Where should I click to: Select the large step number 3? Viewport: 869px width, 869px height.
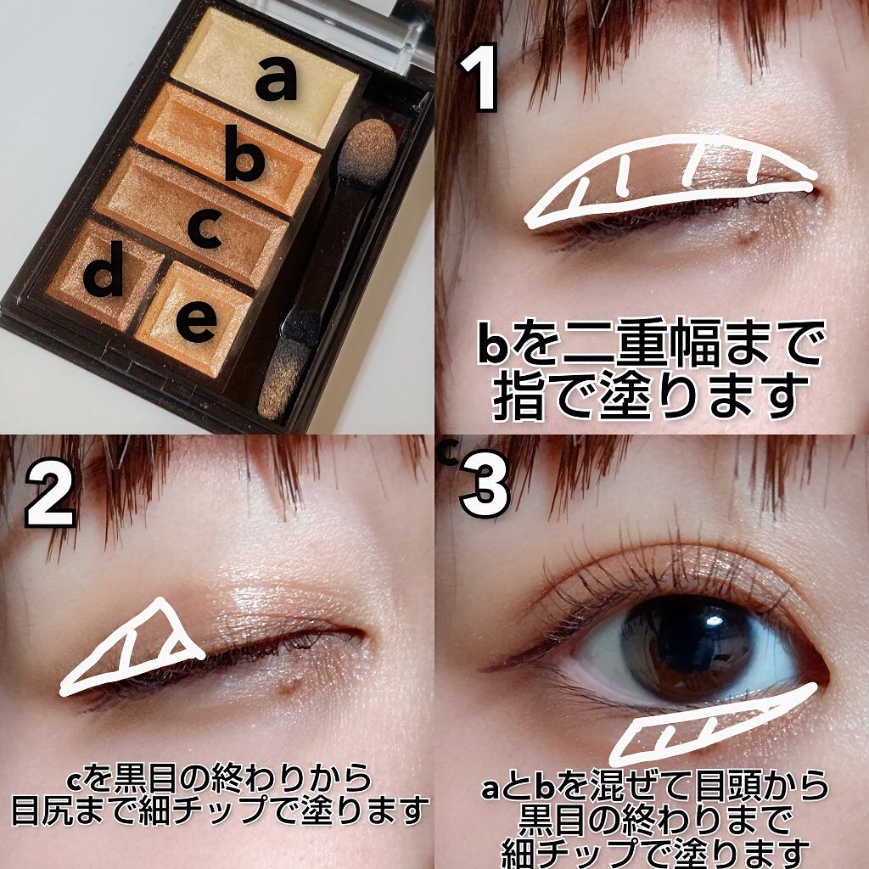(485, 491)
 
